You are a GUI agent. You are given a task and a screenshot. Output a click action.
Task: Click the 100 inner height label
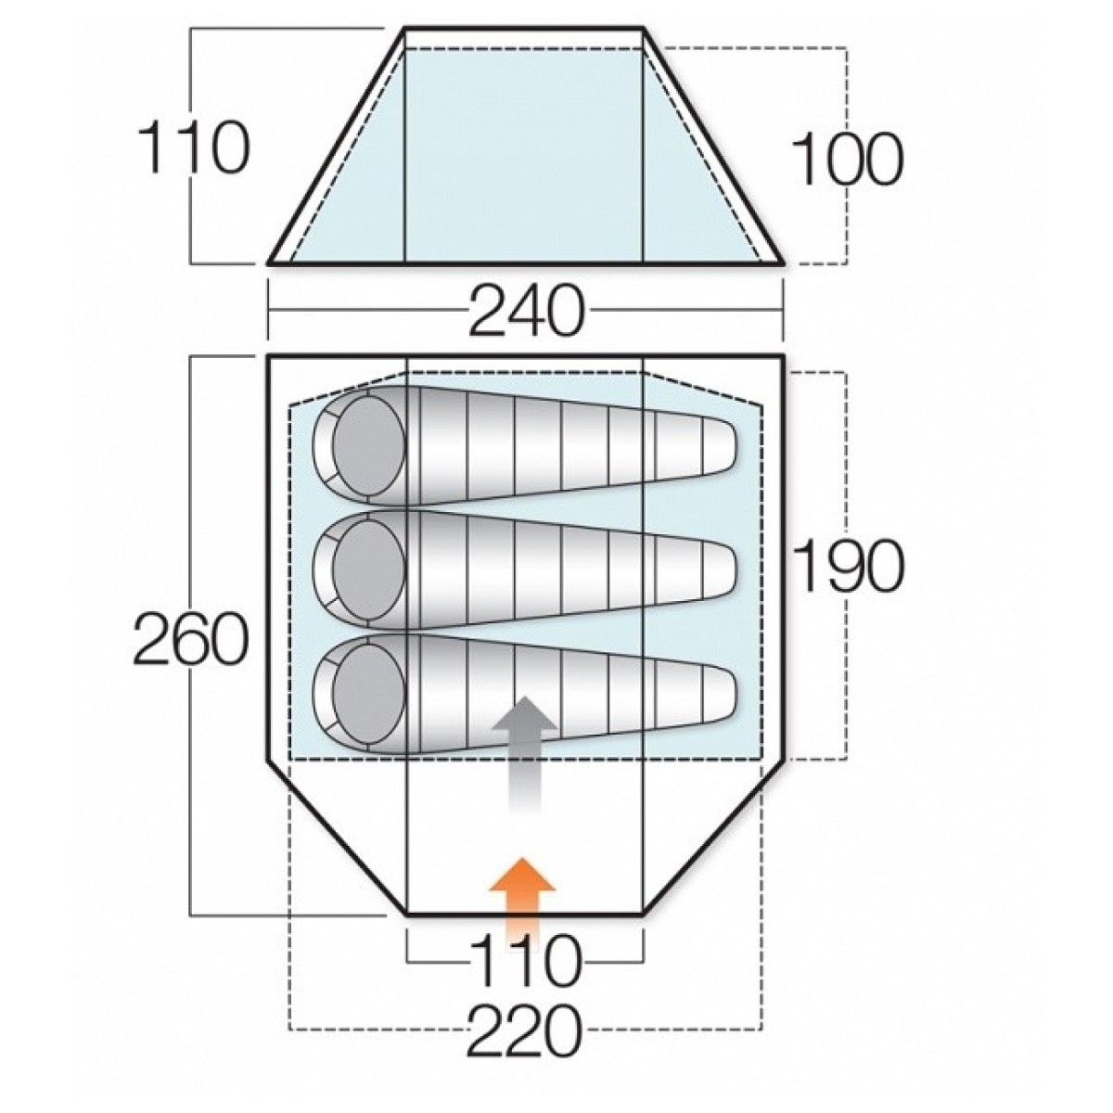click(847, 159)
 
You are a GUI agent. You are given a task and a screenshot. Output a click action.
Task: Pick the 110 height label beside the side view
click(194, 147)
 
